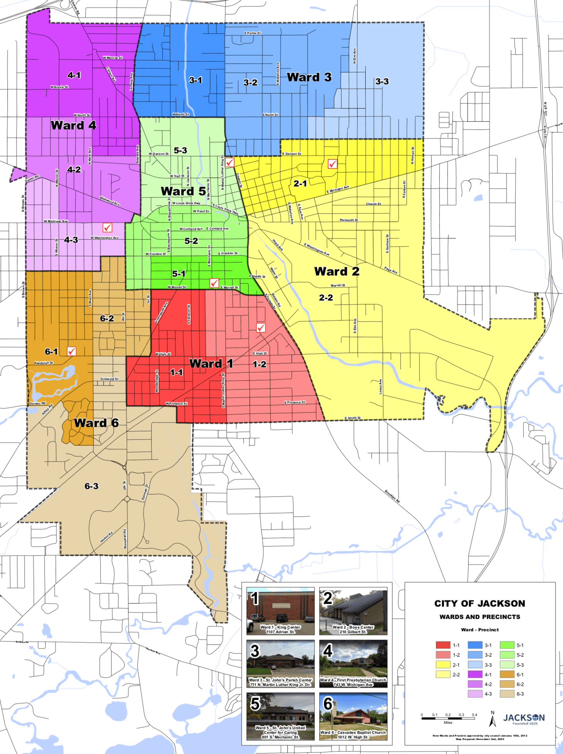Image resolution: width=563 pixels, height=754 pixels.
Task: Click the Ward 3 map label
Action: pyautogui.click(x=309, y=77)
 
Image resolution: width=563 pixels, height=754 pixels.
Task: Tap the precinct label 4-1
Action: pyautogui.click(x=74, y=75)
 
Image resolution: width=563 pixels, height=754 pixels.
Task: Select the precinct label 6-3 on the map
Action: pyautogui.click(x=91, y=486)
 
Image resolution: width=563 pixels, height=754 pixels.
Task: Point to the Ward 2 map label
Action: pyautogui.click(x=337, y=271)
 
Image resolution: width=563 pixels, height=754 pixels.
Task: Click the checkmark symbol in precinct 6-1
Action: pyautogui.click(x=71, y=351)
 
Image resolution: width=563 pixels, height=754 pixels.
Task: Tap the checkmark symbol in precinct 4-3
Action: pyautogui.click(x=108, y=227)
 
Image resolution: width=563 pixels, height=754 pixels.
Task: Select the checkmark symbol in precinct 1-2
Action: pyautogui.click(x=261, y=328)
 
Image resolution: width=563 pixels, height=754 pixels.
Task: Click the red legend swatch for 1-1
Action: pyautogui.click(x=443, y=645)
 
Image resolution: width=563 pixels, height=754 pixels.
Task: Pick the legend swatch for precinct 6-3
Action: pyautogui.click(x=507, y=694)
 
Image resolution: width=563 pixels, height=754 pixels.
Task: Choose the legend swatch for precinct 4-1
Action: pyautogui.click(x=475, y=675)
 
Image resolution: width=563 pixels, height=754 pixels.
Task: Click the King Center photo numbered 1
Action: pyautogui.click(x=280, y=611)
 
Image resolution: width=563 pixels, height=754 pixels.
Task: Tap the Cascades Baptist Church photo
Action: pyautogui.click(x=353, y=716)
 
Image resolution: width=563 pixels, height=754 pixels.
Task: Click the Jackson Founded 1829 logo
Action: pyautogui.click(x=524, y=719)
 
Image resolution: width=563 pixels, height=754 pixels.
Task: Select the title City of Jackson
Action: pyautogui.click(x=480, y=604)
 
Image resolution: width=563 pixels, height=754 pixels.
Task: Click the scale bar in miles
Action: pyautogui.click(x=448, y=719)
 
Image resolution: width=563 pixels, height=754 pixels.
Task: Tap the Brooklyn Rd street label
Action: pyautogui.click(x=392, y=496)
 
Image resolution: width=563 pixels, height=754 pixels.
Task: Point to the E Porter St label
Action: pyautogui.click(x=253, y=33)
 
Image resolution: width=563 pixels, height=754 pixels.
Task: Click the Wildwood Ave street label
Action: pyautogui.click(x=110, y=201)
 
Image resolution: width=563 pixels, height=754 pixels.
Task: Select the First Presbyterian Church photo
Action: pyautogui.click(x=353, y=664)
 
